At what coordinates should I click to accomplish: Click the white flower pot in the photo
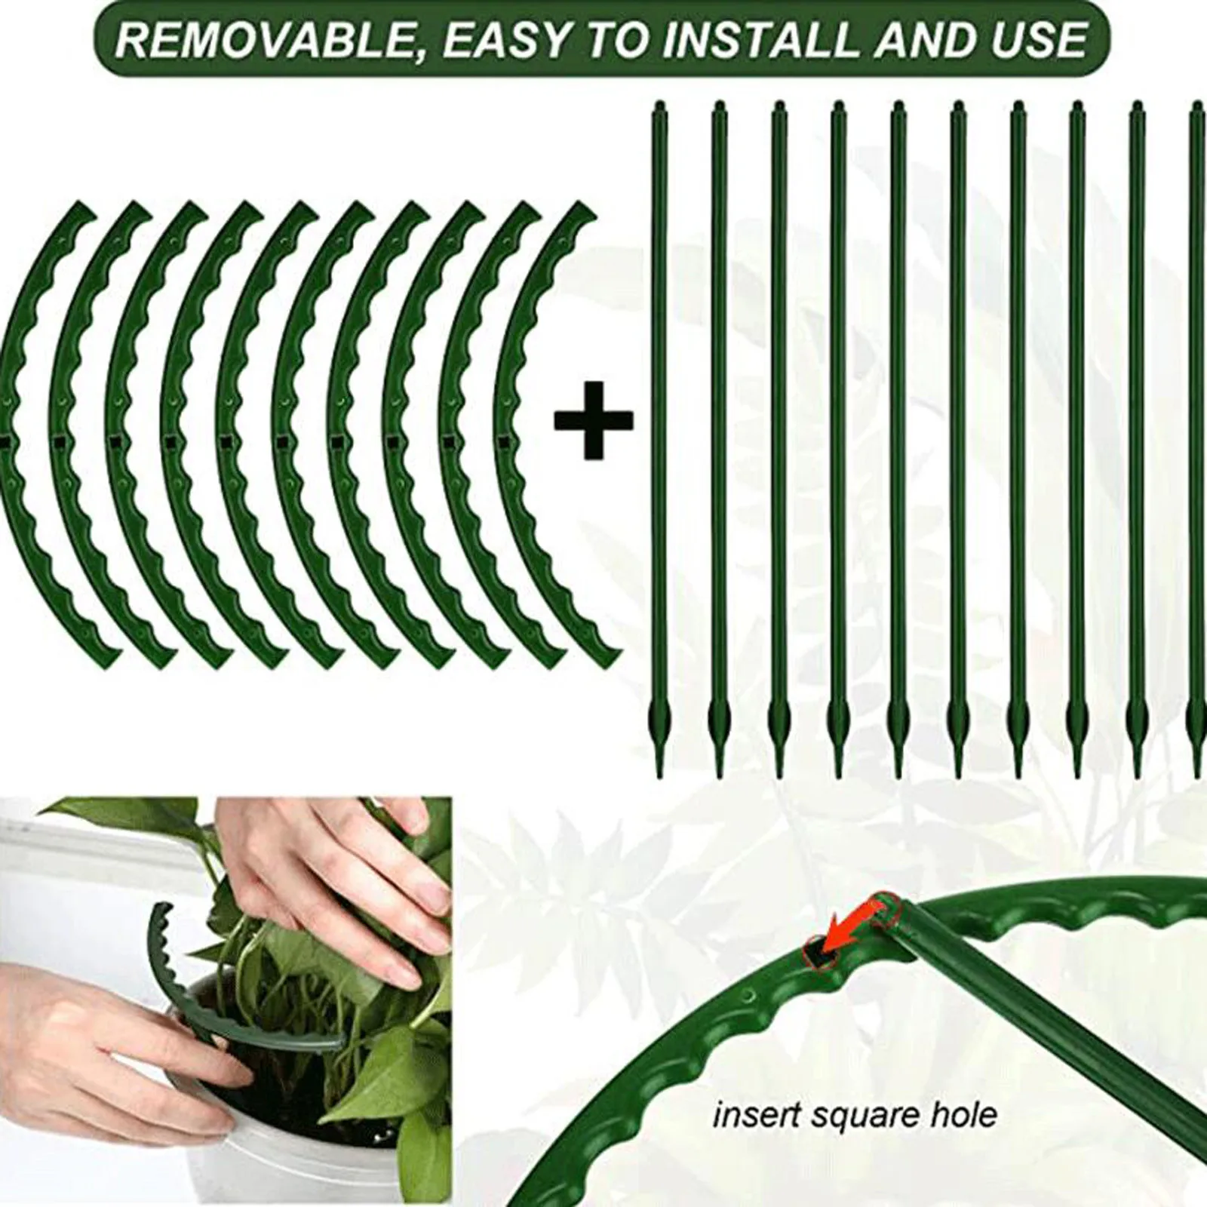tap(249, 1132)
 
